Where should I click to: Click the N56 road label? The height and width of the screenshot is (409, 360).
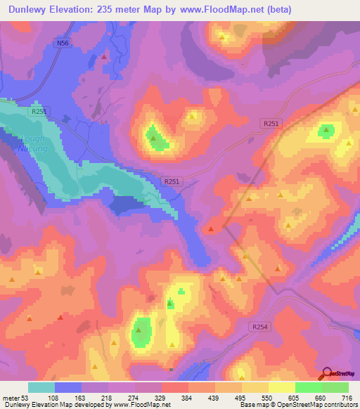coord(63,44)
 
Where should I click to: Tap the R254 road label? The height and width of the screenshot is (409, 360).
coord(259,327)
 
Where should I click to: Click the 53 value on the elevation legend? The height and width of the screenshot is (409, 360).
coord(25,397)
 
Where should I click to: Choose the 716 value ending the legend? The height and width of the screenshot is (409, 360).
coord(345,397)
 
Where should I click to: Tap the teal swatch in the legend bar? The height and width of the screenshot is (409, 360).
coord(41,387)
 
